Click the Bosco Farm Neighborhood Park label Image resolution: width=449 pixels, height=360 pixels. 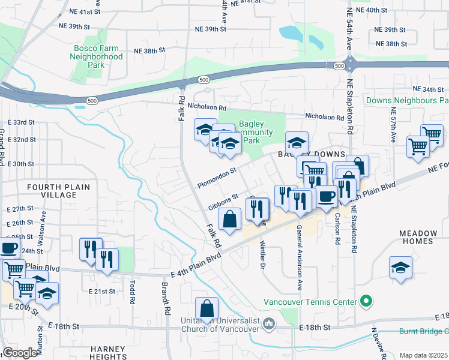pyautogui.click(x=98, y=56)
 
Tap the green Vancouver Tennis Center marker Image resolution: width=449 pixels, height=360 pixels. pyautogui.click(x=364, y=302)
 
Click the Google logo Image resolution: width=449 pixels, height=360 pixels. pyautogui.click(x=20, y=353)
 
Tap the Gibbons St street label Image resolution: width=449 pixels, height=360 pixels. pyautogui.click(x=223, y=201)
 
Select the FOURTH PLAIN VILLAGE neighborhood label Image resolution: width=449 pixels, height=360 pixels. pyautogui.click(x=59, y=191)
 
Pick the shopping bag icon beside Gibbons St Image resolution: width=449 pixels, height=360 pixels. pyautogui.click(x=230, y=220)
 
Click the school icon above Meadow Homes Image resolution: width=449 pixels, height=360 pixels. pyautogui.click(x=400, y=268)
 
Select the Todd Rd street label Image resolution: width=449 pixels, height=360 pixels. pyautogui.click(x=131, y=290)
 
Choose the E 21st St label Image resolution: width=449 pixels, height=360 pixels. pyautogui.click(x=100, y=291)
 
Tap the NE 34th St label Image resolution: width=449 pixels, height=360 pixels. pyautogui.click(x=432, y=89)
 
